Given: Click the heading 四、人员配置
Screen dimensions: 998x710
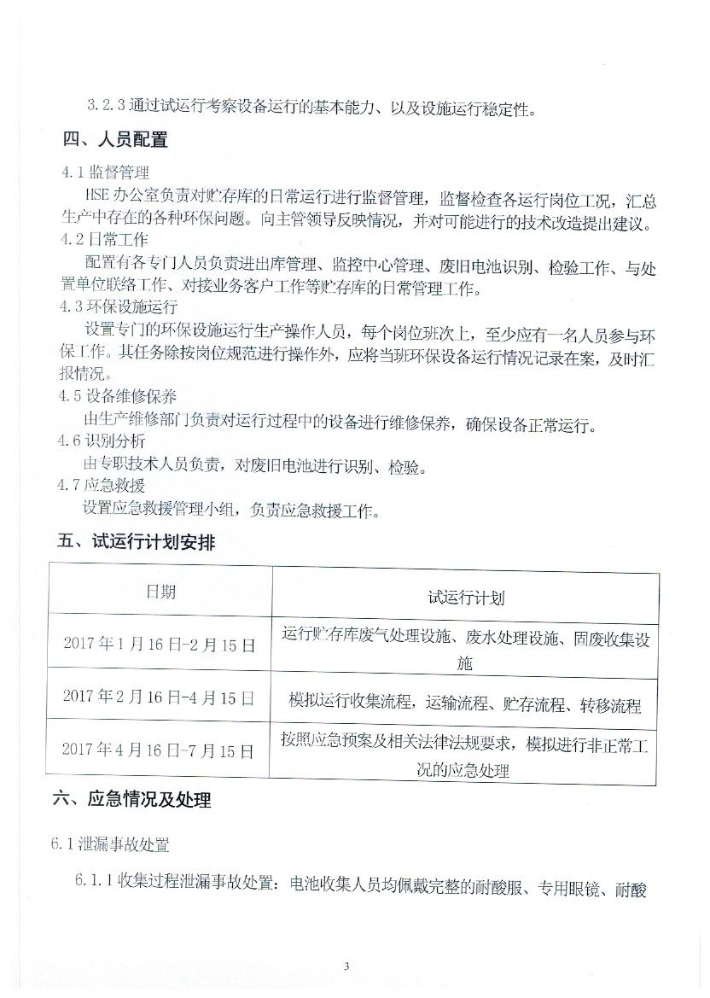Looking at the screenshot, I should (x=115, y=140).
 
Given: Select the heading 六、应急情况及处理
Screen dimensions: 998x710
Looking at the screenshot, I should (x=131, y=800).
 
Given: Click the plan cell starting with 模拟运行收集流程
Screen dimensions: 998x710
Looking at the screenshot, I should (x=465, y=705).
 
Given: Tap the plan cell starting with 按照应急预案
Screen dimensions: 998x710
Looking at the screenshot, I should (x=465, y=756).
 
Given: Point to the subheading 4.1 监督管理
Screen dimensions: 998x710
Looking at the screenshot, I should (x=104, y=172).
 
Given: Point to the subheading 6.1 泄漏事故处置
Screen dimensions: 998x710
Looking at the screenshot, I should (x=110, y=845).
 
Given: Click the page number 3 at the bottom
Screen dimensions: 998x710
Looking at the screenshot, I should (x=346, y=966).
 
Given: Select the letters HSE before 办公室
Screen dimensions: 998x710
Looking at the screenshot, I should (x=98, y=196).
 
